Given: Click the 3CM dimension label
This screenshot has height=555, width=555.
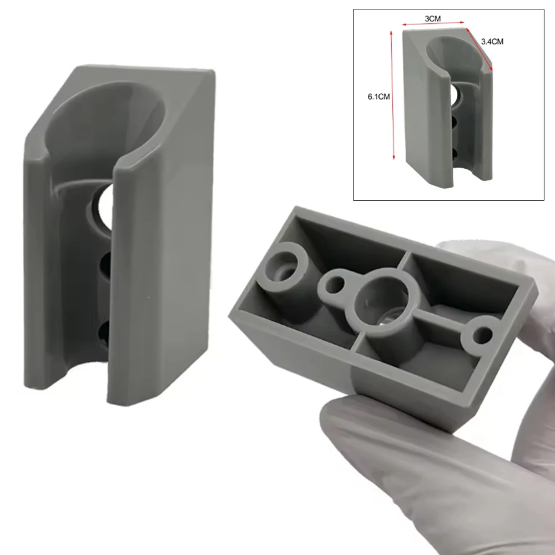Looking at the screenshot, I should (432, 18).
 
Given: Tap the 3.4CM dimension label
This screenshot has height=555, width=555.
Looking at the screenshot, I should (492, 41).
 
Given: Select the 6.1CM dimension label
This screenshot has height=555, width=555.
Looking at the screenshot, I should (379, 96).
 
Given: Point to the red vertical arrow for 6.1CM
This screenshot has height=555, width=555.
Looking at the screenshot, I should (393, 94).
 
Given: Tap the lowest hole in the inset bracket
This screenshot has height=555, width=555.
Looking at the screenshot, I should (455, 152).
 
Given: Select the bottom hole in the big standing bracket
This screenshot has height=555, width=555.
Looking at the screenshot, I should (104, 332).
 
